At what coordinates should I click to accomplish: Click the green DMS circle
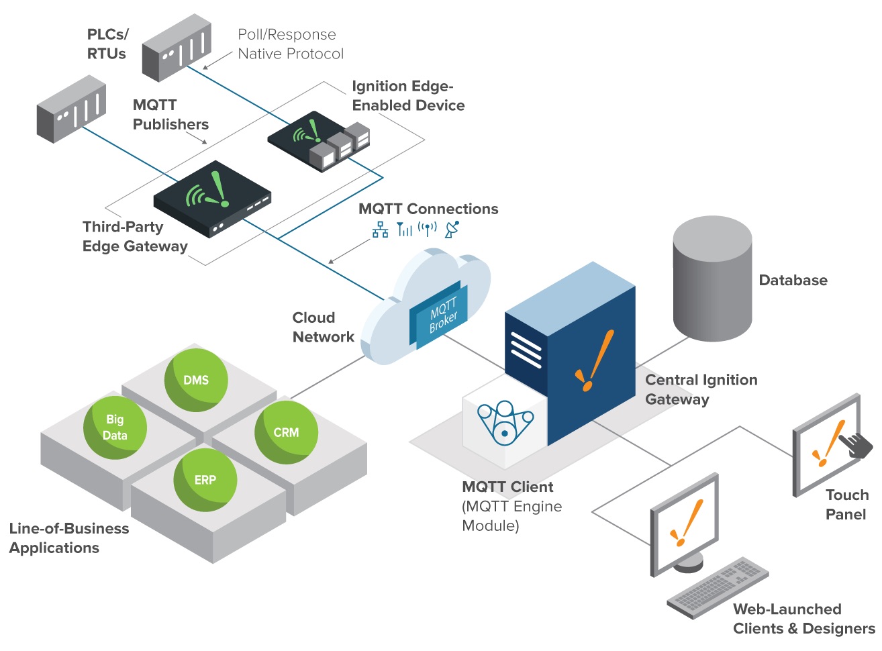196,380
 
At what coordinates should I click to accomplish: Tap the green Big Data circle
115,428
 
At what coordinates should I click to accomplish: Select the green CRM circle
286,432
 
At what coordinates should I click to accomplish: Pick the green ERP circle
205,480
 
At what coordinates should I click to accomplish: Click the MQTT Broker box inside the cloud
440,314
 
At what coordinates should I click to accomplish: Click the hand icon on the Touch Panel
856,444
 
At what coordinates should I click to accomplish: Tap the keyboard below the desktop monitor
718,588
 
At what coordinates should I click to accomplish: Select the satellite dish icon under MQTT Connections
452,229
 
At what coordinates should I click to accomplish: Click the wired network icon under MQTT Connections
381,230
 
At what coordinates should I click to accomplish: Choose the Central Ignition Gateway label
700,389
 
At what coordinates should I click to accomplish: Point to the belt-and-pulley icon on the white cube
504,423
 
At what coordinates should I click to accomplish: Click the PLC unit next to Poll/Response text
177,48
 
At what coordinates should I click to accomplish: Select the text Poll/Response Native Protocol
290,44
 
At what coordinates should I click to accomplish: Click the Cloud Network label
323,328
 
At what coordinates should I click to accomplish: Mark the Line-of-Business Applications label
68,538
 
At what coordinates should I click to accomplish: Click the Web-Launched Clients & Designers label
803,619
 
